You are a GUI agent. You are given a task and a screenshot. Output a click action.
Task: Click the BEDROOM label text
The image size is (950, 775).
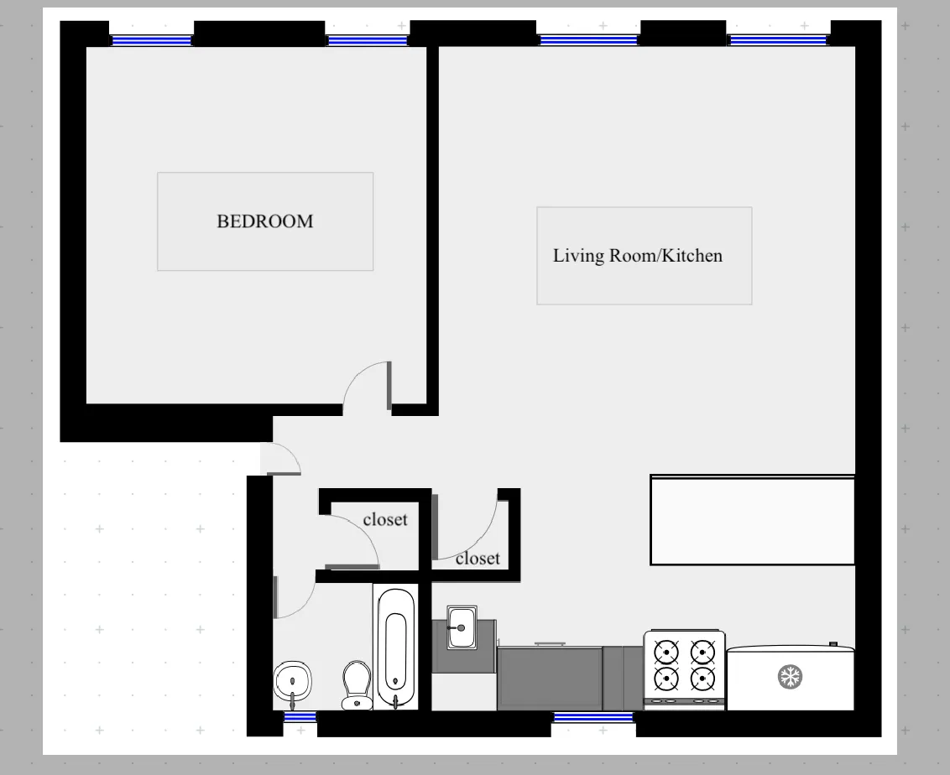264,221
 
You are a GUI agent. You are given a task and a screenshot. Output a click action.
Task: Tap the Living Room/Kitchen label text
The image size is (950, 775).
637,255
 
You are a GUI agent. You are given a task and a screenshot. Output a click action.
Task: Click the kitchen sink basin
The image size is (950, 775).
462,627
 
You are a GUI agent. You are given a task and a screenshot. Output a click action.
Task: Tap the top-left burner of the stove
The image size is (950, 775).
666,652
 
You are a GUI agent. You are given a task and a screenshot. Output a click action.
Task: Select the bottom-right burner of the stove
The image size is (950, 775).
702,678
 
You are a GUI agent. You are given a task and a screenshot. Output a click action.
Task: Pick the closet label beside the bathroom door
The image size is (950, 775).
385,519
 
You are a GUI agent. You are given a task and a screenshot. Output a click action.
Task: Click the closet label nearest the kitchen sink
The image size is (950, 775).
478,558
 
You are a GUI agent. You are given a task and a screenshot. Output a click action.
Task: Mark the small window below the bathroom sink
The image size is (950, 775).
300,717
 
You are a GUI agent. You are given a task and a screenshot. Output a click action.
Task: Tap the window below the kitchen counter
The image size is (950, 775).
593,717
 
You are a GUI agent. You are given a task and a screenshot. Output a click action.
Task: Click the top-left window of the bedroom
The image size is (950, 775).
152,39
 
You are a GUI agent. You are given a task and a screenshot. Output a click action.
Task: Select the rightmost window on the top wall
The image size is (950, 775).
778,39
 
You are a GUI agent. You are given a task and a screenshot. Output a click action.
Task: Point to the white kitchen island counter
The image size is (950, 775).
752,520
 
